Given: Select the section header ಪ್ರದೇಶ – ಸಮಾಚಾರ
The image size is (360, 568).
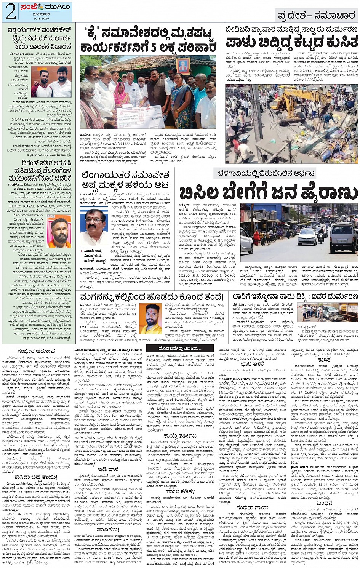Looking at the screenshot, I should (x=316, y=16).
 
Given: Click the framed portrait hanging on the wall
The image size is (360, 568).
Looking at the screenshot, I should (x=183, y=66).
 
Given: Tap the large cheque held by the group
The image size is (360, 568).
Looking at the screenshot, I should (x=135, y=116).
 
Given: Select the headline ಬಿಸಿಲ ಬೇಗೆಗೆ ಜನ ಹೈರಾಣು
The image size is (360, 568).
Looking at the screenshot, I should (x=269, y=193).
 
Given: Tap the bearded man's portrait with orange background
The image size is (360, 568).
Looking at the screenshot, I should (x=59, y=232).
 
